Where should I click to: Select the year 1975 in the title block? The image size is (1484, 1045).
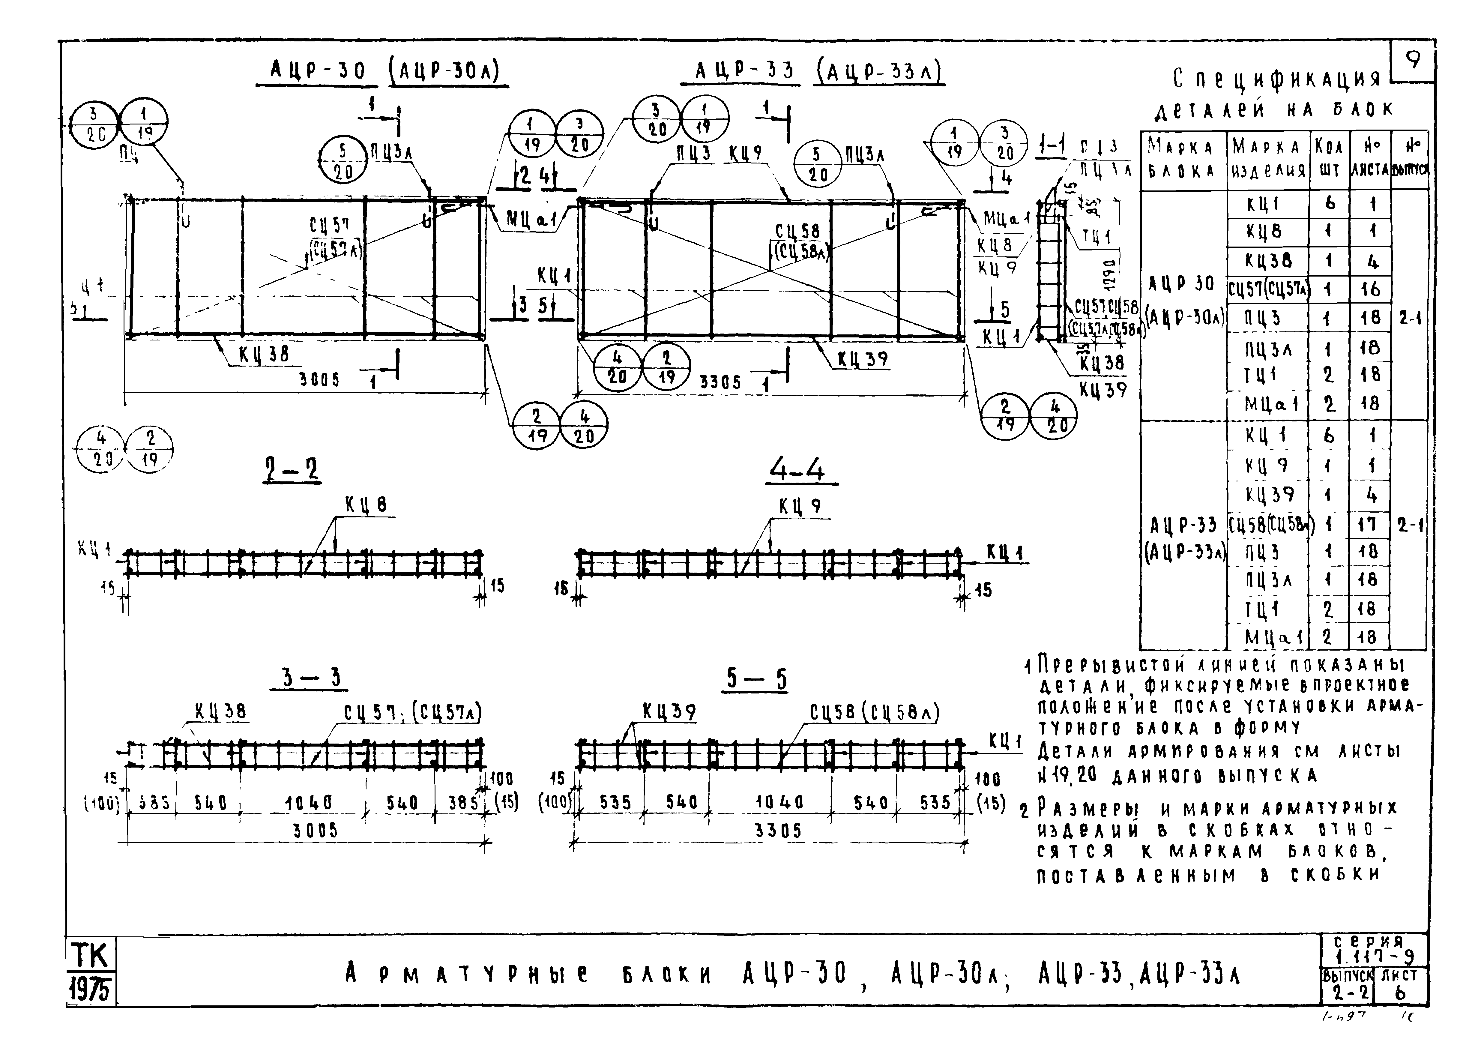pos(91,990)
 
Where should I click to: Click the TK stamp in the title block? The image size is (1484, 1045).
pos(91,955)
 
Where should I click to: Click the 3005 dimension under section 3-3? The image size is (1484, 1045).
pos(316,831)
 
